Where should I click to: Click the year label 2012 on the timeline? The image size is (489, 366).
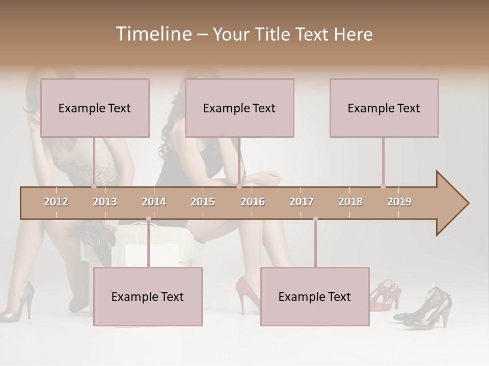56,202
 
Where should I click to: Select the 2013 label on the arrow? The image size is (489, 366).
105,202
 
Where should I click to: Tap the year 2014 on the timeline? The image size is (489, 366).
154,202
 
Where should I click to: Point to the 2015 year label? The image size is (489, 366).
203,202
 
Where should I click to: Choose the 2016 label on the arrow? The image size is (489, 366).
253,202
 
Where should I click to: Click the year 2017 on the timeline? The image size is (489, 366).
302,202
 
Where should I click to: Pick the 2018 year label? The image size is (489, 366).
350,202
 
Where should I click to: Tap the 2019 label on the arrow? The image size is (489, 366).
399,202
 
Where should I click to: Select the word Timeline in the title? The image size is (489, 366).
153,34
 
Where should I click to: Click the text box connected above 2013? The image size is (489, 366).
95,108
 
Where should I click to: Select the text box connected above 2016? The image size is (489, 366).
239,108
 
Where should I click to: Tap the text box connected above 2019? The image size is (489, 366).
384,108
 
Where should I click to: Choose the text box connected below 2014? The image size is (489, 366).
148,296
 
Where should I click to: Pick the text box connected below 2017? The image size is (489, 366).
315,296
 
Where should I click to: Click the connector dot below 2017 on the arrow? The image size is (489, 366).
315,219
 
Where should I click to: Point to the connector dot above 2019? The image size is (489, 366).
383,186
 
